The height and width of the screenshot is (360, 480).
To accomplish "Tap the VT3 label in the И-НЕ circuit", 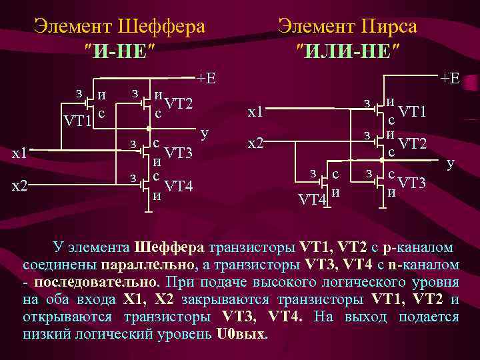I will [x=178, y=153].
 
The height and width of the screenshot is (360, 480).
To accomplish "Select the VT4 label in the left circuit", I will [x=178, y=185].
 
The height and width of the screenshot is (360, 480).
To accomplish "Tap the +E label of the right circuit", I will [x=449, y=78].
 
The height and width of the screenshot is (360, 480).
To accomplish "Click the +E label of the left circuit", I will [x=207, y=78].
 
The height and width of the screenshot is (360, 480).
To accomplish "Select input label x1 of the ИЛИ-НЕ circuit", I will [x=255, y=113].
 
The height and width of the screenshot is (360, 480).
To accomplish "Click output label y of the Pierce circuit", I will [x=451, y=162].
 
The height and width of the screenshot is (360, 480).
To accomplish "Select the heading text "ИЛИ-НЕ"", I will [x=348, y=50].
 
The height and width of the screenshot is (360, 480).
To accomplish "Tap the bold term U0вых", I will [x=241, y=333].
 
